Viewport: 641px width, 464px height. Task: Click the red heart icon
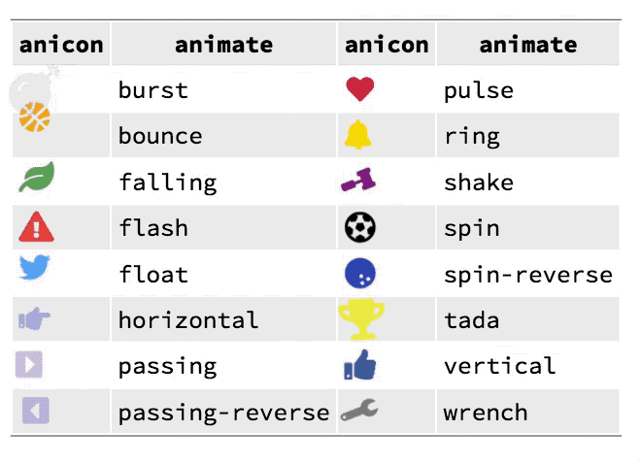359,90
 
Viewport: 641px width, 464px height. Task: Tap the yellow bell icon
357,135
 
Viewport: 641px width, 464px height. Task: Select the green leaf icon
37,179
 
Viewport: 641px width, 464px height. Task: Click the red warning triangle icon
36,228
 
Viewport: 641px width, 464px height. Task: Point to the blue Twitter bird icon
35,269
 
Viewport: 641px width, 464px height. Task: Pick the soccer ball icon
360,228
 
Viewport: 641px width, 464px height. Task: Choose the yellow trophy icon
360,318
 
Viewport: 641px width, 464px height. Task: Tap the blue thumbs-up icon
360,365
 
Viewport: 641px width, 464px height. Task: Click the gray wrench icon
359,412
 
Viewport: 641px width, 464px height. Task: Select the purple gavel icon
358,181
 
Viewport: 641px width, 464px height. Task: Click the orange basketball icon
34,116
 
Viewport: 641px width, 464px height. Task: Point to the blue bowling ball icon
360,275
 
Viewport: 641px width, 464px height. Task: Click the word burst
153,90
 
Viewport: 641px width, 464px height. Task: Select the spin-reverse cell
527,275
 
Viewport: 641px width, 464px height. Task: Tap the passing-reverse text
223,413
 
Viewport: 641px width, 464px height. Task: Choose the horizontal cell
188,320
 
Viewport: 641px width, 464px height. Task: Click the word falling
167,182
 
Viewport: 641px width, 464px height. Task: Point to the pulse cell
479,90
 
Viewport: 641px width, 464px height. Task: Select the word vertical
499,366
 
